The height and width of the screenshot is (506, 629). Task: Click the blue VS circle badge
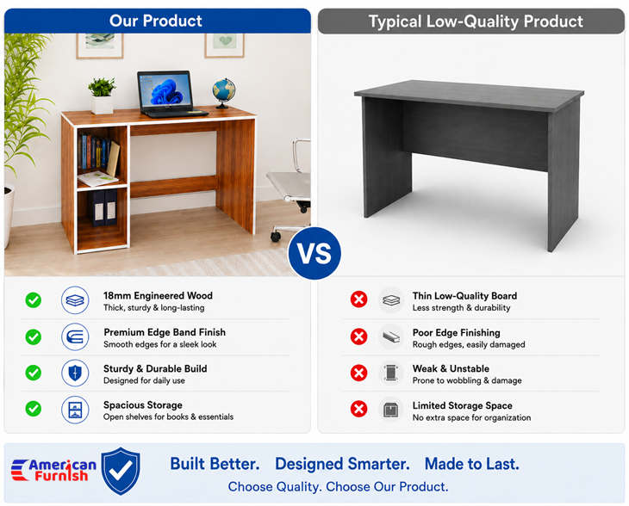click(314, 253)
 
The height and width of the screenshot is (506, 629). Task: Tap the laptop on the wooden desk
click(170, 94)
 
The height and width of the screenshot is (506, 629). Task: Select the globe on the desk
click(224, 93)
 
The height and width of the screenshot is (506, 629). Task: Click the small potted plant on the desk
click(102, 96)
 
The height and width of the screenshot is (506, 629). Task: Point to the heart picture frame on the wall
click(224, 46)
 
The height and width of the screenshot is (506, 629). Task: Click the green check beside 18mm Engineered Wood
click(34, 300)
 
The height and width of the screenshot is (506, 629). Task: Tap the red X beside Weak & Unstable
click(358, 373)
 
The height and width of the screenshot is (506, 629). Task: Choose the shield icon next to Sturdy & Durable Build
click(75, 373)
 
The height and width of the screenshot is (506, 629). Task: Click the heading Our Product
click(156, 21)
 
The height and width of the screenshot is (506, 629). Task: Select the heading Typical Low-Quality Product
click(476, 22)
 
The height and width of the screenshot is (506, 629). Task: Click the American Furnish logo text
click(54, 471)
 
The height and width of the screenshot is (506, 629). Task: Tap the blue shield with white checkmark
click(121, 471)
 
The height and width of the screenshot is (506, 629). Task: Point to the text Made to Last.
click(472, 464)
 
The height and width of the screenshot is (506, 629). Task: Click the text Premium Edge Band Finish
click(165, 332)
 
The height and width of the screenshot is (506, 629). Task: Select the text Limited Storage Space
click(462, 405)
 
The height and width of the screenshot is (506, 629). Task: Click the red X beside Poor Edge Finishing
click(358, 336)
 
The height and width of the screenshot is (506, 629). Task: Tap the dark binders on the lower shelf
click(103, 208)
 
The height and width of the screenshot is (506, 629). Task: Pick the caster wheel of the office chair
click(276, 236)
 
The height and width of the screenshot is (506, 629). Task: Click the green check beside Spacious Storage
click(34, 409)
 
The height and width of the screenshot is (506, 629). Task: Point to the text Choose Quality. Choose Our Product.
click(338, 487)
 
